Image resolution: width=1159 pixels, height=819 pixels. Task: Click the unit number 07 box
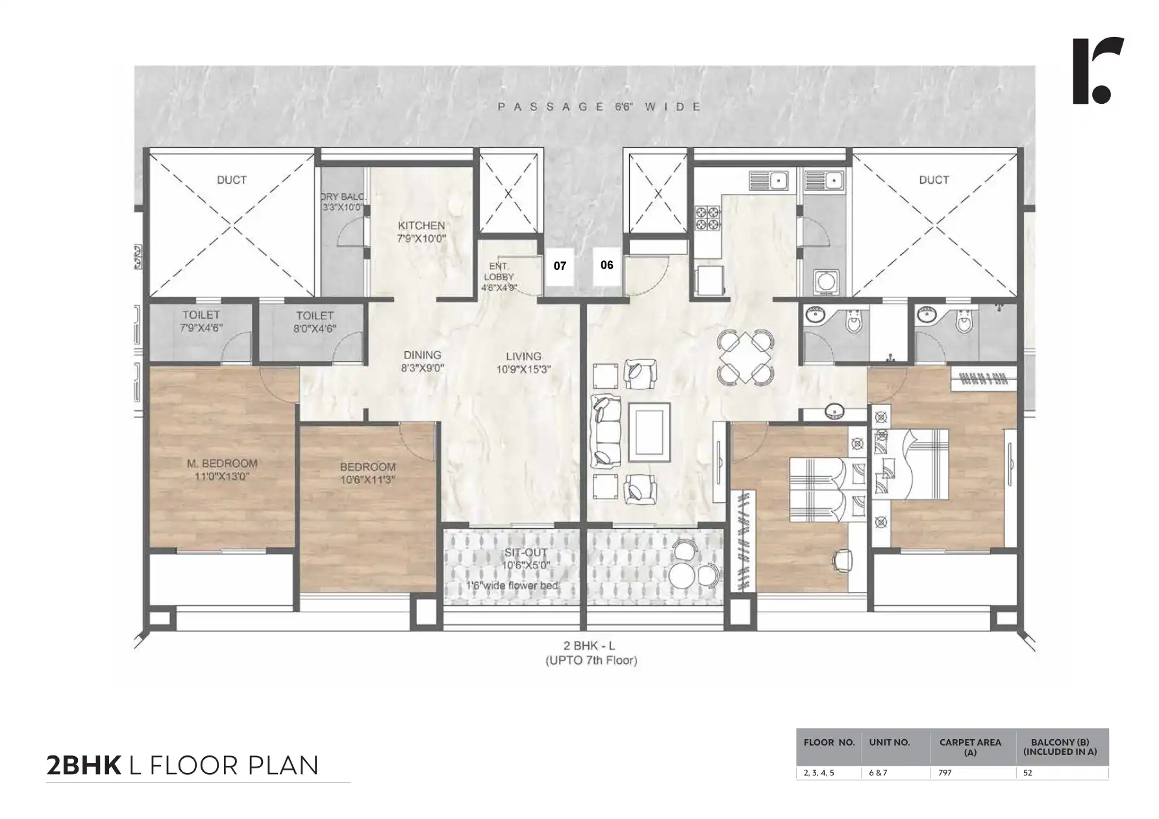[559, 266]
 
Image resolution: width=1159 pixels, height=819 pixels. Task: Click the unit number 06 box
[606, 265]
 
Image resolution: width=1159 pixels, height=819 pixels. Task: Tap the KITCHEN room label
[421, 232]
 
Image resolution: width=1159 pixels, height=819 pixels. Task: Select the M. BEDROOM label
[222, 469]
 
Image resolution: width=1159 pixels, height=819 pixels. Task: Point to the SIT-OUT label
[526, 559]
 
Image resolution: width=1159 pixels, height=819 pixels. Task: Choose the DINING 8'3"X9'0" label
[422, 361]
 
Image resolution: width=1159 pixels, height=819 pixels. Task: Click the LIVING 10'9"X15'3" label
[523, 362]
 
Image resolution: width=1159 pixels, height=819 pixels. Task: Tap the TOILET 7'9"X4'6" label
[201, 321]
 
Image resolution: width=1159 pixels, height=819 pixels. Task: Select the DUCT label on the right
[934, 180]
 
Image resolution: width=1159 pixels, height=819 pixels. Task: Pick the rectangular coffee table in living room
[649, 432]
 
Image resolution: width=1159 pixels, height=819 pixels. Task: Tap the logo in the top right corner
[1097, 71]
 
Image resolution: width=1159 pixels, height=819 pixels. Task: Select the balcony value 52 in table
[1027, 773]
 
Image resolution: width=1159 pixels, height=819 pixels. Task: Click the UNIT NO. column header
[890, 742]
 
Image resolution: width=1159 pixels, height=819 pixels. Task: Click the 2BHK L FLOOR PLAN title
[182, 765]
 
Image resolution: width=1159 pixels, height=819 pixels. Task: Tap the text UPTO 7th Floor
[590, 661]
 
